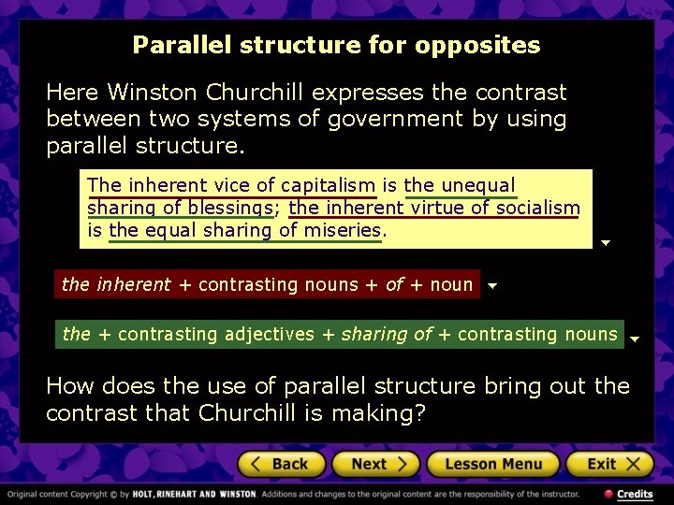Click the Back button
281,464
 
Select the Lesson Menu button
492,464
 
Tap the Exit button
609,464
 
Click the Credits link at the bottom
634,494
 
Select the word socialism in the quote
537,208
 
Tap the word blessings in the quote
229,208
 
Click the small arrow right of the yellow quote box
606,243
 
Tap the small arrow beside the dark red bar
493,287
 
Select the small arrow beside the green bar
634,339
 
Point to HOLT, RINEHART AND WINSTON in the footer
194,494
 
